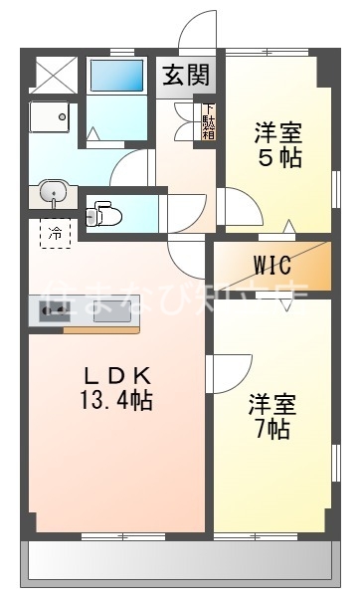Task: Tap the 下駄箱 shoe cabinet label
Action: [209, 121]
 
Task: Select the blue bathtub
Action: [116, 77]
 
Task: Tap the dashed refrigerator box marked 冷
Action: [56, 235]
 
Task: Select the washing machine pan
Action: [50, 118]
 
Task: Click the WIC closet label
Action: [270, 266]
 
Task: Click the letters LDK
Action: [116, 375]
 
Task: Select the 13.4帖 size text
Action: [116, 401]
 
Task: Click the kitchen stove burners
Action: [54, 311]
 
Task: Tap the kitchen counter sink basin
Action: [109, 310]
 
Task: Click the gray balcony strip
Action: [180, 561]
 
